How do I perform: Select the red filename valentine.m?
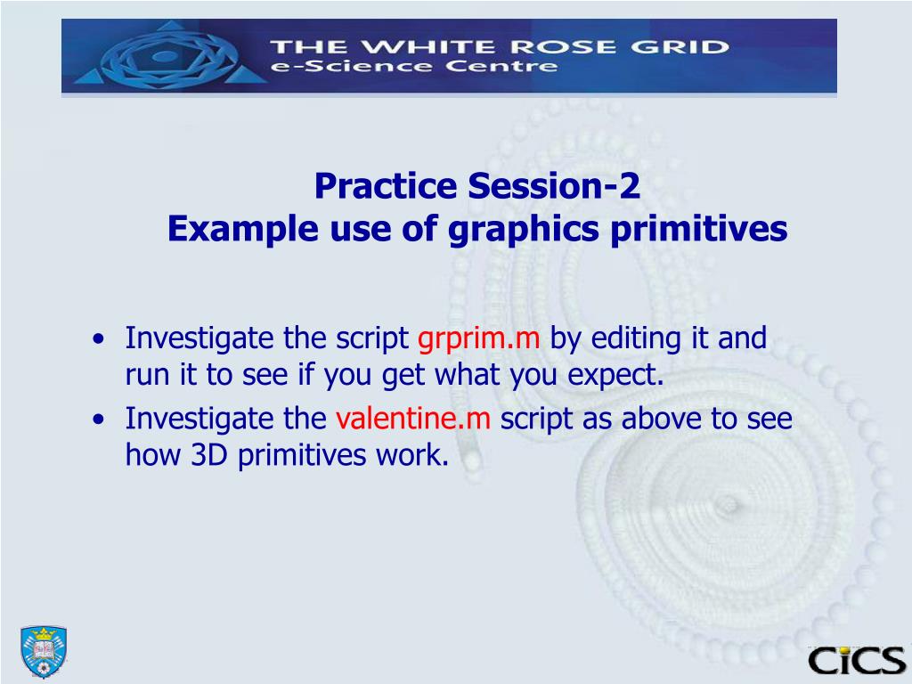(x=413, y=419)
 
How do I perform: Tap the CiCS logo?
(x=857, y=661)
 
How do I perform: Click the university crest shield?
(x=44, y=651)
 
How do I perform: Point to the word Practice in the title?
(x=386, y=186)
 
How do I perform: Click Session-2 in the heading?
(x=554, y=186)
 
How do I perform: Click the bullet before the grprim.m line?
(x=100, y=338)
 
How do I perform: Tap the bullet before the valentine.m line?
(x=100, y=419)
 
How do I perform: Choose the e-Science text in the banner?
(x=351, y=66)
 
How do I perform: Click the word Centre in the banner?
(x=501, y=66)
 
